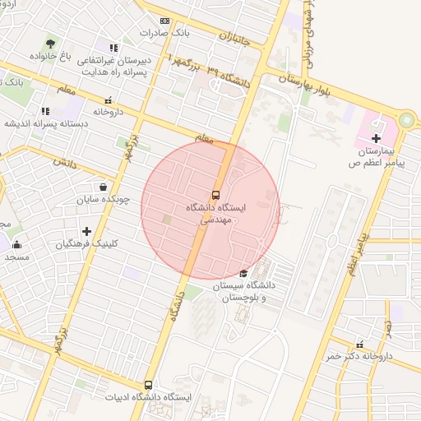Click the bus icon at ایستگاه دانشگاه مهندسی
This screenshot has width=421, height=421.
point(215,195)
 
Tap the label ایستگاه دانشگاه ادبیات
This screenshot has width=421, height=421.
point(148,397)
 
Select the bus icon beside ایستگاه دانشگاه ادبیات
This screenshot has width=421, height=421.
point(148,384)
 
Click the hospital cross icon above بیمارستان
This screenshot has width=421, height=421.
point(377,138)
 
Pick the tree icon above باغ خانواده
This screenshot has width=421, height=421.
point(51,43)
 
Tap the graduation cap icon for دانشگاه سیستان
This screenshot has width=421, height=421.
point(243,274)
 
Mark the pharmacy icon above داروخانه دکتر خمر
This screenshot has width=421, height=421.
point(359,345)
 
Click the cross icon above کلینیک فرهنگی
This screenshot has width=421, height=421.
point(86,232)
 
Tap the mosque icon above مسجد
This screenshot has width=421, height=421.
point(16,244)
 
